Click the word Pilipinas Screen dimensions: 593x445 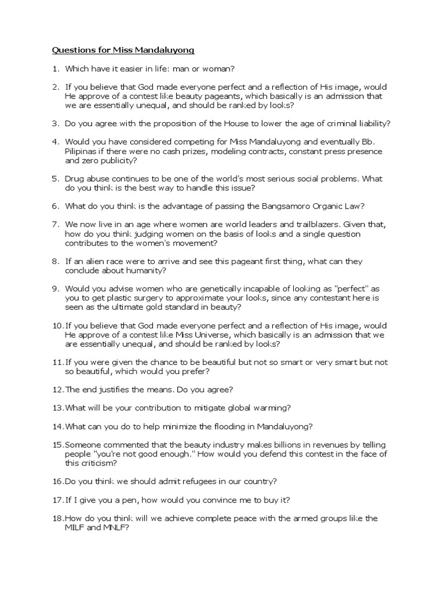[x=83, y=152]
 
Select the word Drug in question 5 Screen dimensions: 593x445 [x=74, y=179]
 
